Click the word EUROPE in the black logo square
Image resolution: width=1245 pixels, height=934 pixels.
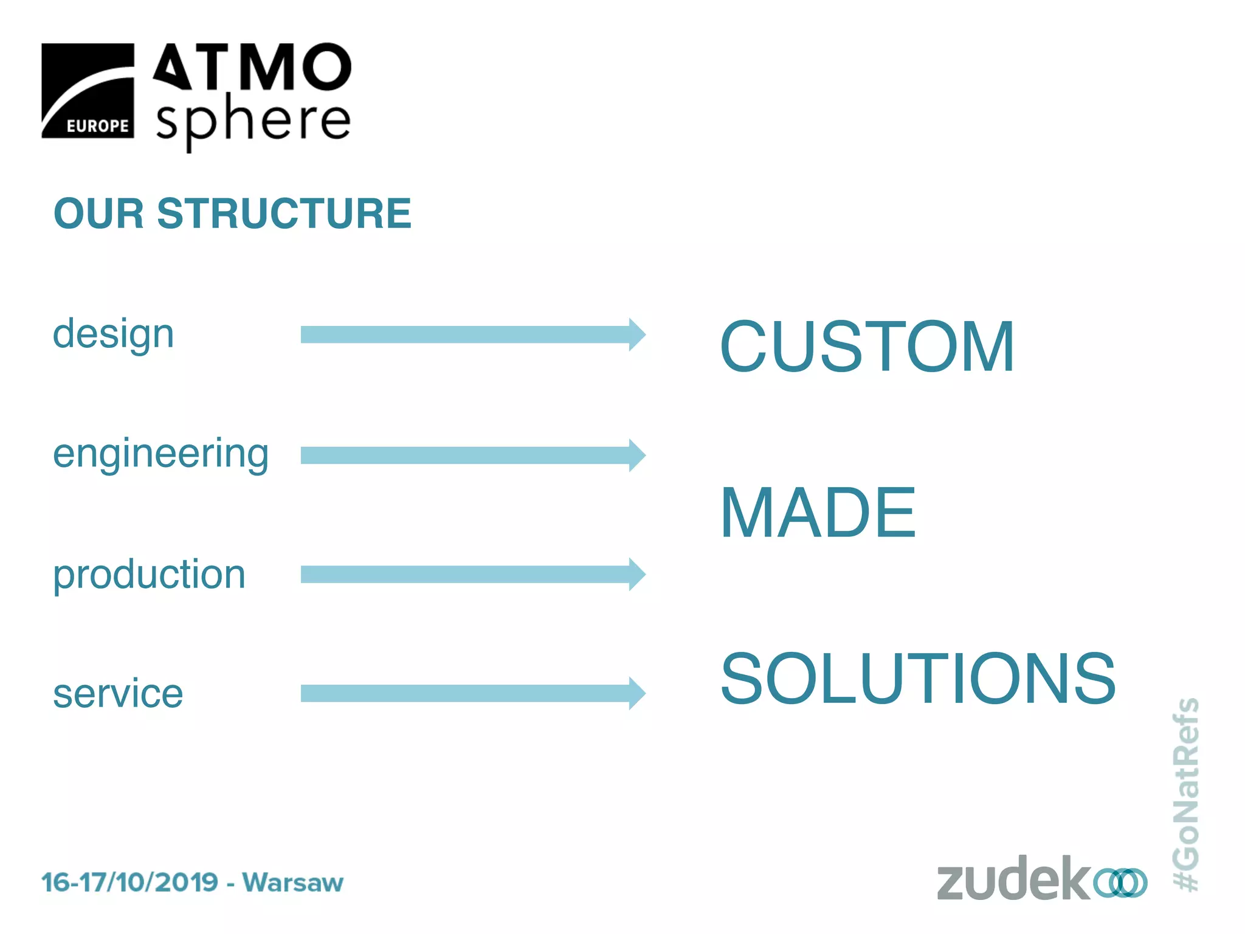click(97, 126)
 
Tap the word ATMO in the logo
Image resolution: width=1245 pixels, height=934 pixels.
click(252, 67)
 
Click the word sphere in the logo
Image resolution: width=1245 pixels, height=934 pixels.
click(253, 120)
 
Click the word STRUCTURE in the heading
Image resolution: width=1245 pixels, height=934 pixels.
click(284, 213)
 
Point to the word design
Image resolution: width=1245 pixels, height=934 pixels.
click(113, 334)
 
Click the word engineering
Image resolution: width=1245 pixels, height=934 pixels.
click(160, 455)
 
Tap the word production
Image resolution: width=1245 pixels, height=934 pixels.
click(149, 575)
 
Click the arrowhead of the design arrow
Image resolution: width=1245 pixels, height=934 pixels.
click(636, 334)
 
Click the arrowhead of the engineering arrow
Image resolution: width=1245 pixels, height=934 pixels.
click(636, 455)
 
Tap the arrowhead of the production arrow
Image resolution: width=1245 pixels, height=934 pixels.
click(636, 574)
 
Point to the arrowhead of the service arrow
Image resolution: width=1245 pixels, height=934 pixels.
click(636, 693)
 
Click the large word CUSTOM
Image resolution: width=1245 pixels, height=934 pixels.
click(867, 347)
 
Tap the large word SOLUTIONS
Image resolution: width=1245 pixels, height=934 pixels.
click(918, 679)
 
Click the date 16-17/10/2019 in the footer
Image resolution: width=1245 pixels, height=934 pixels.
click(129, 882)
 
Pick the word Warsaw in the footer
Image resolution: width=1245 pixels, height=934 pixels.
click(293, 882)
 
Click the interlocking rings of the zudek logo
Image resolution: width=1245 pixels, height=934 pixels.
click(1120, 883)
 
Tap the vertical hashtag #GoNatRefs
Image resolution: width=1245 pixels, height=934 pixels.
click(1186, 794)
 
